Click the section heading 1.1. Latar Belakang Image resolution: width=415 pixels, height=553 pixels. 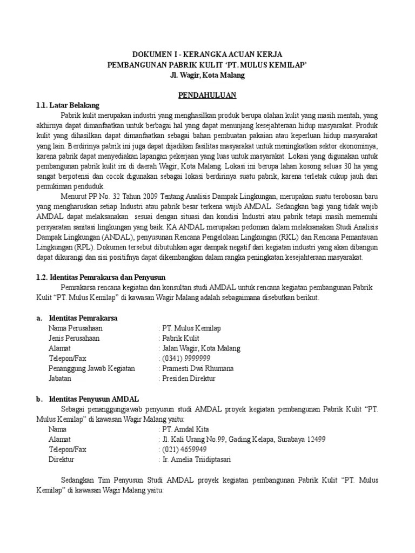tap(68, 105)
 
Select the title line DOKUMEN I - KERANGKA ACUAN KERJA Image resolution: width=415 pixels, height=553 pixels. tap(207, 55)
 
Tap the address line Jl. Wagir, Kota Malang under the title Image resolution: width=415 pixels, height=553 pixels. tap(207, 75)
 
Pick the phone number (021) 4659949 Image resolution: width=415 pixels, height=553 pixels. tap(184, 449)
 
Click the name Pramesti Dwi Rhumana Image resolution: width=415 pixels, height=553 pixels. tap(198, 368)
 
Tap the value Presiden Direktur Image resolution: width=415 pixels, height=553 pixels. tap(189, 379)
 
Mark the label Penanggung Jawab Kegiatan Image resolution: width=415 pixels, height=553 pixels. tap(91, 368)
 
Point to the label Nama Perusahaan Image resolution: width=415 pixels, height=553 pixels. tap(75, 328)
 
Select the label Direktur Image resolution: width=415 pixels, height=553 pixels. tap(61, 460)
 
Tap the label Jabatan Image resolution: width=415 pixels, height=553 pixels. tap(61, 379)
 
